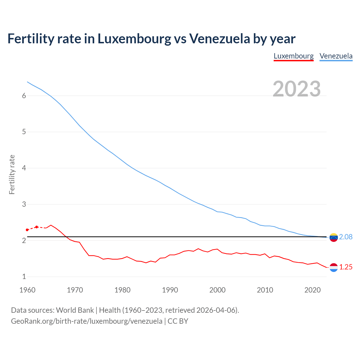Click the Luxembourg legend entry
[x=294, y=56]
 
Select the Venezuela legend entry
[x=336, y=56]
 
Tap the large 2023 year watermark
[x=297, y=89]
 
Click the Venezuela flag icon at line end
[x=334, y=237]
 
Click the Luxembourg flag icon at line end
[x=334, y=267]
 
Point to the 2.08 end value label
[x=346, y=237]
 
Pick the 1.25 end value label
[x=346, y=267]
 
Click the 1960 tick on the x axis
[x=27, y=290]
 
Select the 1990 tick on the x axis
[x=170, y=290]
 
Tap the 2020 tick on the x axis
[x=312, y=290]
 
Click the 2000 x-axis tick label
[x=217, y=290]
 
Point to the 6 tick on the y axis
[x=24, y=96]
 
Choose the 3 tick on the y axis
[x=24, y=204]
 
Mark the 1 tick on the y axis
[x=24, y=277]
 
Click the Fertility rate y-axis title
[x=12, y=174]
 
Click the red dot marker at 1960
[x=27, y=230]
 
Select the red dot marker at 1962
[x=37, y=227]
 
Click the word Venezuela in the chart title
[x=219, y=39]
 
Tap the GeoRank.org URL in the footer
[x=87, y=321]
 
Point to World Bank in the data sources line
[x=75, y=310]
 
